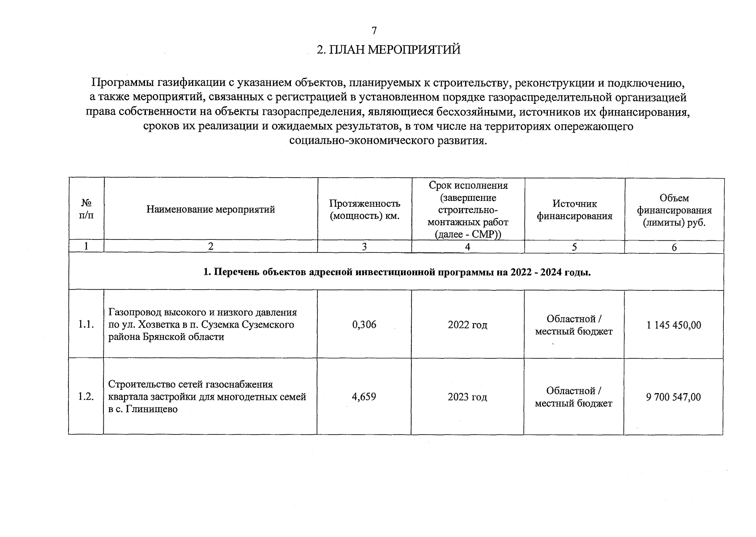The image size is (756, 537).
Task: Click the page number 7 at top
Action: (374, 30)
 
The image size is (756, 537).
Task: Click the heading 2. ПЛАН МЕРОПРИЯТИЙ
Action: (389, 50)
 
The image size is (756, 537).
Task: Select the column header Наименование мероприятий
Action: (210, 209)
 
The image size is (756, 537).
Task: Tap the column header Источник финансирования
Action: (574, 210)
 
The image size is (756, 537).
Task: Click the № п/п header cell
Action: (86, 209)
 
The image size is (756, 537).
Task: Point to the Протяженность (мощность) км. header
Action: (364, 210)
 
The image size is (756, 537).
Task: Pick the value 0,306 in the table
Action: (364, 325)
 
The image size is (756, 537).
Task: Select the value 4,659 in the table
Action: (364, 396)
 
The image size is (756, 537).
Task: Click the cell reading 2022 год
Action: (467, 325)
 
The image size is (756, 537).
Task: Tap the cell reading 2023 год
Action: (467, 397)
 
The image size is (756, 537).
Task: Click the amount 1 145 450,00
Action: (674, 325)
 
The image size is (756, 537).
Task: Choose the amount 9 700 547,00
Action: (674, 397)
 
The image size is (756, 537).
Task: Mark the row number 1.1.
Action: (86, 325)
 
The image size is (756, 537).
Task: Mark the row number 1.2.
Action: (86, 396)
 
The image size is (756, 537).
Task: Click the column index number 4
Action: (468, 247)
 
